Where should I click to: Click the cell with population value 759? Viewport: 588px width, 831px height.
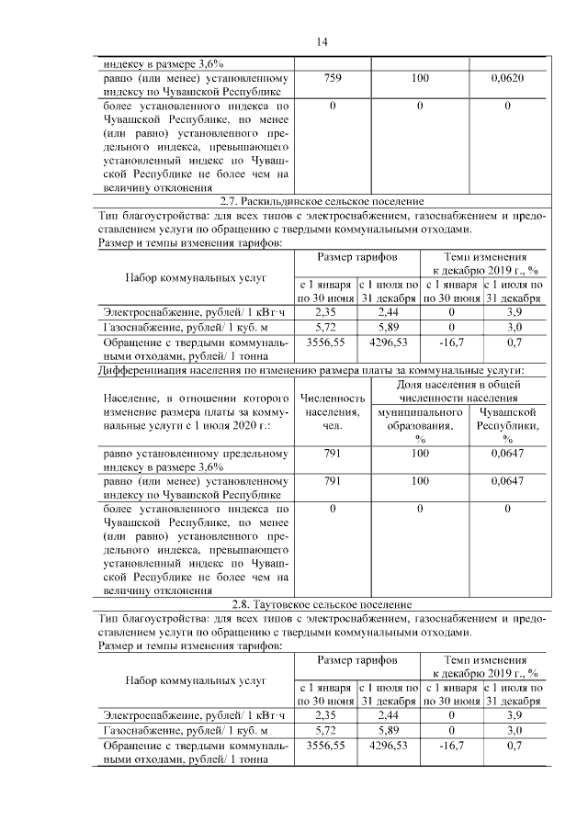click(x=333, y=79)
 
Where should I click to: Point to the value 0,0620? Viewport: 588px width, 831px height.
click(x=507, y=79)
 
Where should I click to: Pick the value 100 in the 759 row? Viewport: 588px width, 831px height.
click(x=420, y=79)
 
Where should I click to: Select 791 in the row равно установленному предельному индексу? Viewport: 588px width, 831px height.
click(x=333, y=453)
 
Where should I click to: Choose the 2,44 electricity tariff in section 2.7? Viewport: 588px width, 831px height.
click(x=389, y=312)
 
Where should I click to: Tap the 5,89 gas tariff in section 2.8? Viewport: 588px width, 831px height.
click(x=389, y=729)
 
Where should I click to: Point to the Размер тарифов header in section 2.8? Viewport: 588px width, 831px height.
click(x=357, y=660)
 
